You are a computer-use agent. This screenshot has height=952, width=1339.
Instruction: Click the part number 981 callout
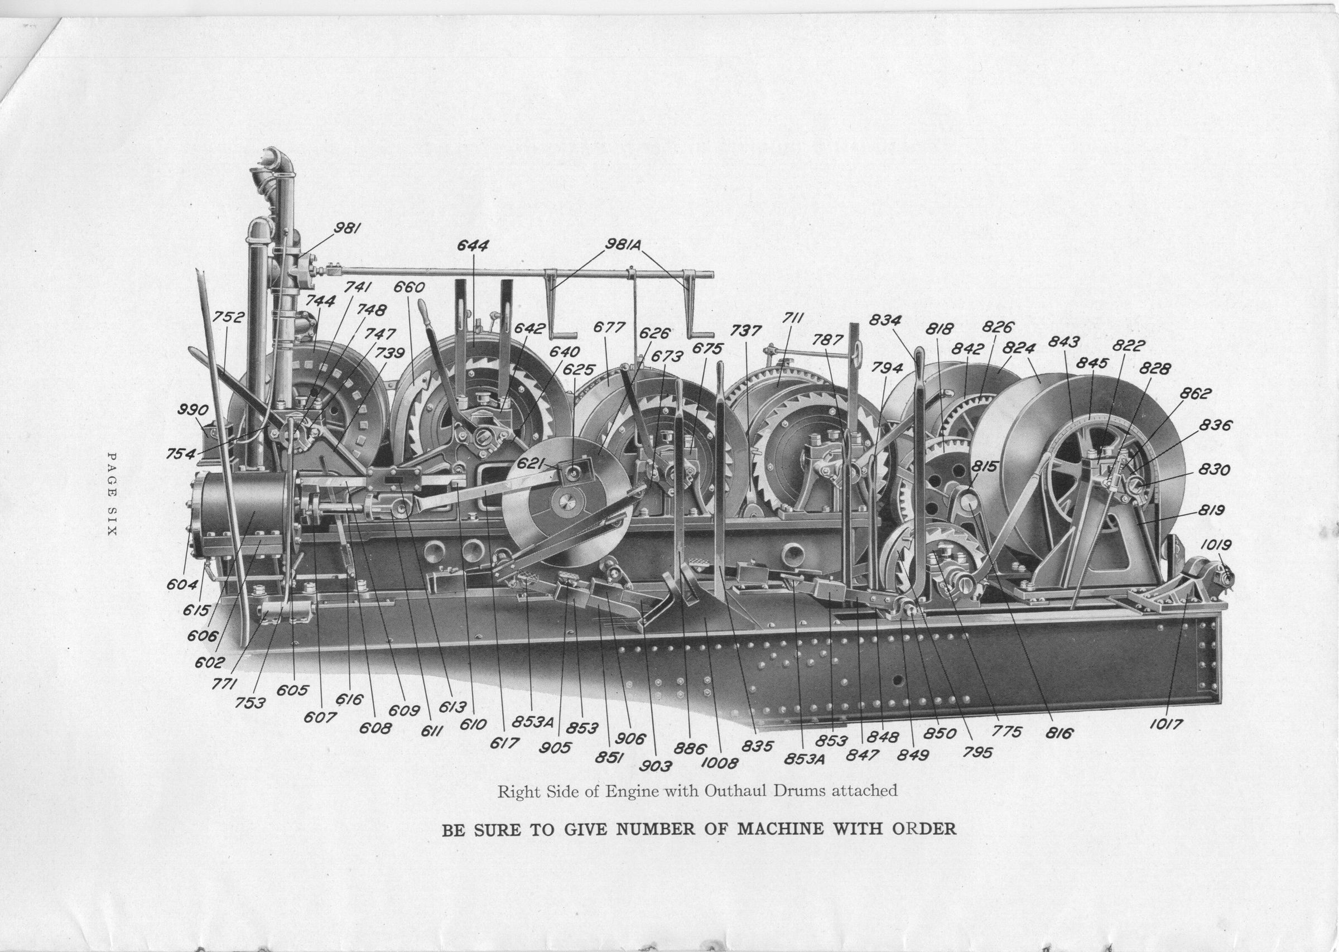click(347, 228)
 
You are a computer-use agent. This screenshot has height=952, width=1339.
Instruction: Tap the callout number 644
click(473, 246)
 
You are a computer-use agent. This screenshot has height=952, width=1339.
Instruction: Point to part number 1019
click(1215, 545)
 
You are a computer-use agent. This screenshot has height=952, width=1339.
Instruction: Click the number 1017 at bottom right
click(1165, 724)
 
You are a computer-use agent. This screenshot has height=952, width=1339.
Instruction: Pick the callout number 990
click(194, 410)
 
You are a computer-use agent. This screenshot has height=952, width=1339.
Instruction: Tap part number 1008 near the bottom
click(720, 763)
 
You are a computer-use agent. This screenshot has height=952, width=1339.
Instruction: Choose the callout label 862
click(1195, 393)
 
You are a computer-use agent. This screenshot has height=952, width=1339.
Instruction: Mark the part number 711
click(792, 318)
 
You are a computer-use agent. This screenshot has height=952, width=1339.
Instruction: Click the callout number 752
click(228, 317)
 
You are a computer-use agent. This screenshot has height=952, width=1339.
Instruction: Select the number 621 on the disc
click(529, 464)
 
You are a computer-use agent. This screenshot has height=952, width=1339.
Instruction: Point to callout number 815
click(985, 467)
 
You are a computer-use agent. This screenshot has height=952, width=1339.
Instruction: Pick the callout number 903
click(656, 766)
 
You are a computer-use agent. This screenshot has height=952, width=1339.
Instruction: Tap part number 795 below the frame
click(977, 752)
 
